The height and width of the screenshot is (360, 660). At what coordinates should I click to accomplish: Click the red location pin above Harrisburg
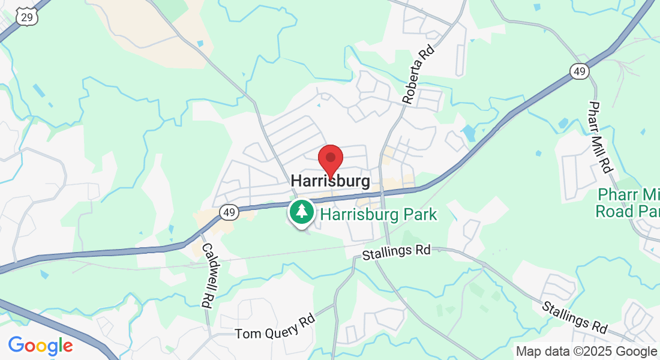pyautogui.click(x=330, y=159)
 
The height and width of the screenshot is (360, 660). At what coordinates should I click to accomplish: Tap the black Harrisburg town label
pyautogui.click(x=330, y=181)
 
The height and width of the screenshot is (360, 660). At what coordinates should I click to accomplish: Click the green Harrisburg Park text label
pyautogui.click(x=378, y=214)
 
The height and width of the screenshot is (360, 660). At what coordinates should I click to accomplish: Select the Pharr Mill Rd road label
pyautogui.click(x=599, y=137)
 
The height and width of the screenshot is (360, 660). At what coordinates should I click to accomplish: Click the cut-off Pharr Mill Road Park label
pyautogui.click(x=628, y=203)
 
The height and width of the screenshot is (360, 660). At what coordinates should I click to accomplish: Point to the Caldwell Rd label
pyautogui.click(x=208, y=275)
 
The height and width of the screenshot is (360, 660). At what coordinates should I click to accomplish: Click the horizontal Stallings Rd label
pyautogui.click(x=397, y=251)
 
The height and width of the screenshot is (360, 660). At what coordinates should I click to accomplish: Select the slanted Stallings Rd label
pyautogui.click(x=574, y=317)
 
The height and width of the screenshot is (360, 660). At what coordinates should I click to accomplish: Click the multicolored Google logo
pyautogui.click(x=40, y=346)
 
